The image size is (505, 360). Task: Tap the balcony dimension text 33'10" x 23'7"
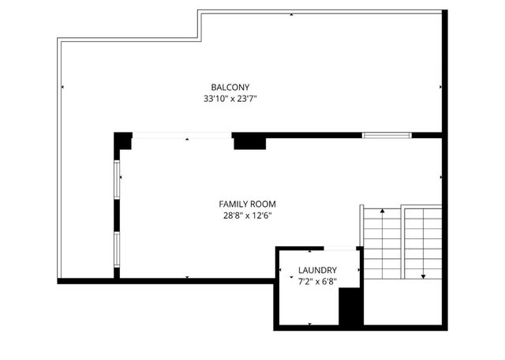tap(230, 99)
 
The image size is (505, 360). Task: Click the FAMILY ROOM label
tap(248, 203)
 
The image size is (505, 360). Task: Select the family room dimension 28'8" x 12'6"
tap(248, 215)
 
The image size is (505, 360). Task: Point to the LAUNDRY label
tap(318, 270)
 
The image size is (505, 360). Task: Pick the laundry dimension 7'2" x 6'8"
tap(318, 282)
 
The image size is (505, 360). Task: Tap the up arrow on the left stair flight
tap(383, 212)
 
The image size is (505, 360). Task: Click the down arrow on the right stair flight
tap(424, 276)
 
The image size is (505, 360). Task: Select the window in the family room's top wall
tap(387, 135)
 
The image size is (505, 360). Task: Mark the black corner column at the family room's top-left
tap(122, 143)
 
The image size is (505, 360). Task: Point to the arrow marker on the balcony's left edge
tap(62, 87)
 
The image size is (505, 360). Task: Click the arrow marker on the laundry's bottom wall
tap(309, 324)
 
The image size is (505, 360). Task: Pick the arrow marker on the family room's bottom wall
tap(187, 277)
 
